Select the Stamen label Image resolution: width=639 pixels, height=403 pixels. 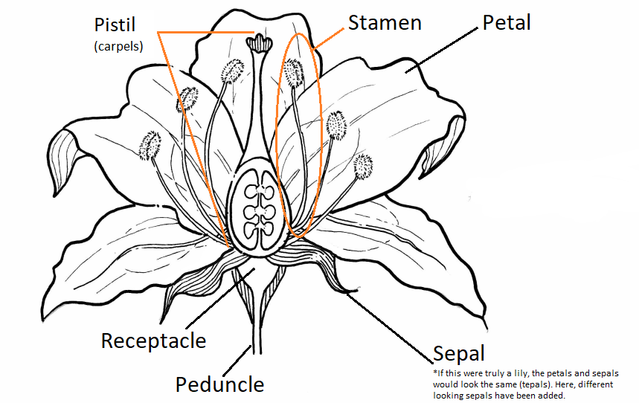(385, 22)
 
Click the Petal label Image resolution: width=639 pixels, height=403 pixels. (507, 22)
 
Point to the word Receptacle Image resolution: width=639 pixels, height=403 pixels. (153, 341)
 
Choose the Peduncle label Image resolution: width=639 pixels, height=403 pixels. (219, 384)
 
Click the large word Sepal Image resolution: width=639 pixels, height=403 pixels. (459, 353)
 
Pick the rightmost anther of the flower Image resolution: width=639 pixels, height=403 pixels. (362, 165)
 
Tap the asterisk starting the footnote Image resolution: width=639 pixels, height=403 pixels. (434, 372)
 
